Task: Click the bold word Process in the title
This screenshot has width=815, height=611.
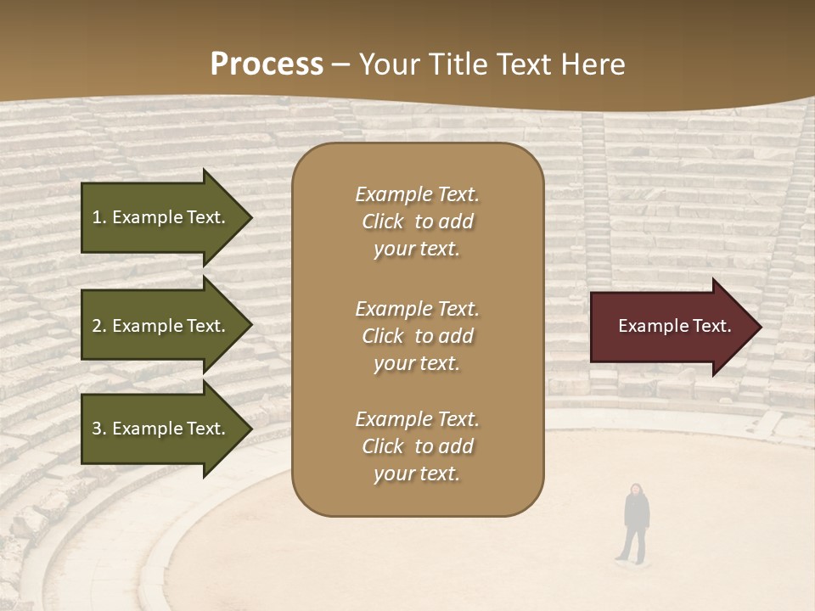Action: pos(267,64)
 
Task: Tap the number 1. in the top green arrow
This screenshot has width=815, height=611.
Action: pos(99,217)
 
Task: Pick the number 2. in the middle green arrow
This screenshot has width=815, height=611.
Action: pos(99,326)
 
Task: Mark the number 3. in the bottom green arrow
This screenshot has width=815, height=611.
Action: pos(99,429)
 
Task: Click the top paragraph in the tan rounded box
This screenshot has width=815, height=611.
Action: pos(417,221)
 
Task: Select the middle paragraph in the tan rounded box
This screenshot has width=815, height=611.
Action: pos(417,336)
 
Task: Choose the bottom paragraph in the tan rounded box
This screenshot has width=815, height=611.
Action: pos(417,446)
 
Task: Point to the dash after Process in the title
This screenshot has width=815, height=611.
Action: pos(341,64)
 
